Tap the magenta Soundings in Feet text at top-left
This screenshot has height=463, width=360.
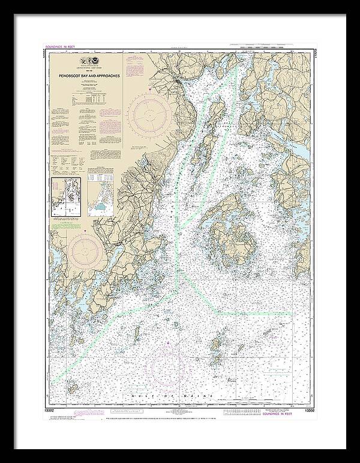(x=61, y=47)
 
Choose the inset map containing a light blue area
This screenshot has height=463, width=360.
(x=100, y=197)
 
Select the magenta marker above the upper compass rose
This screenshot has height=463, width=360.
(x=150, y=89)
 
